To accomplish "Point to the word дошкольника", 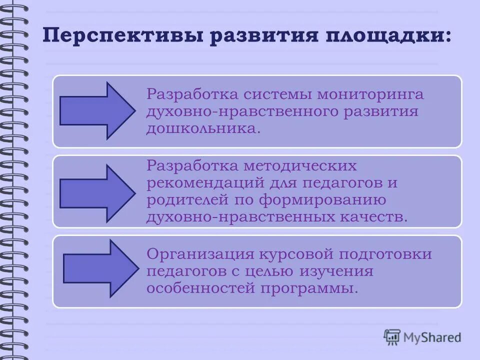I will pyautogui.click(x=202, y=128).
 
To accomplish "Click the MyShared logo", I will pyautogui.click(x=422, y=337).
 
